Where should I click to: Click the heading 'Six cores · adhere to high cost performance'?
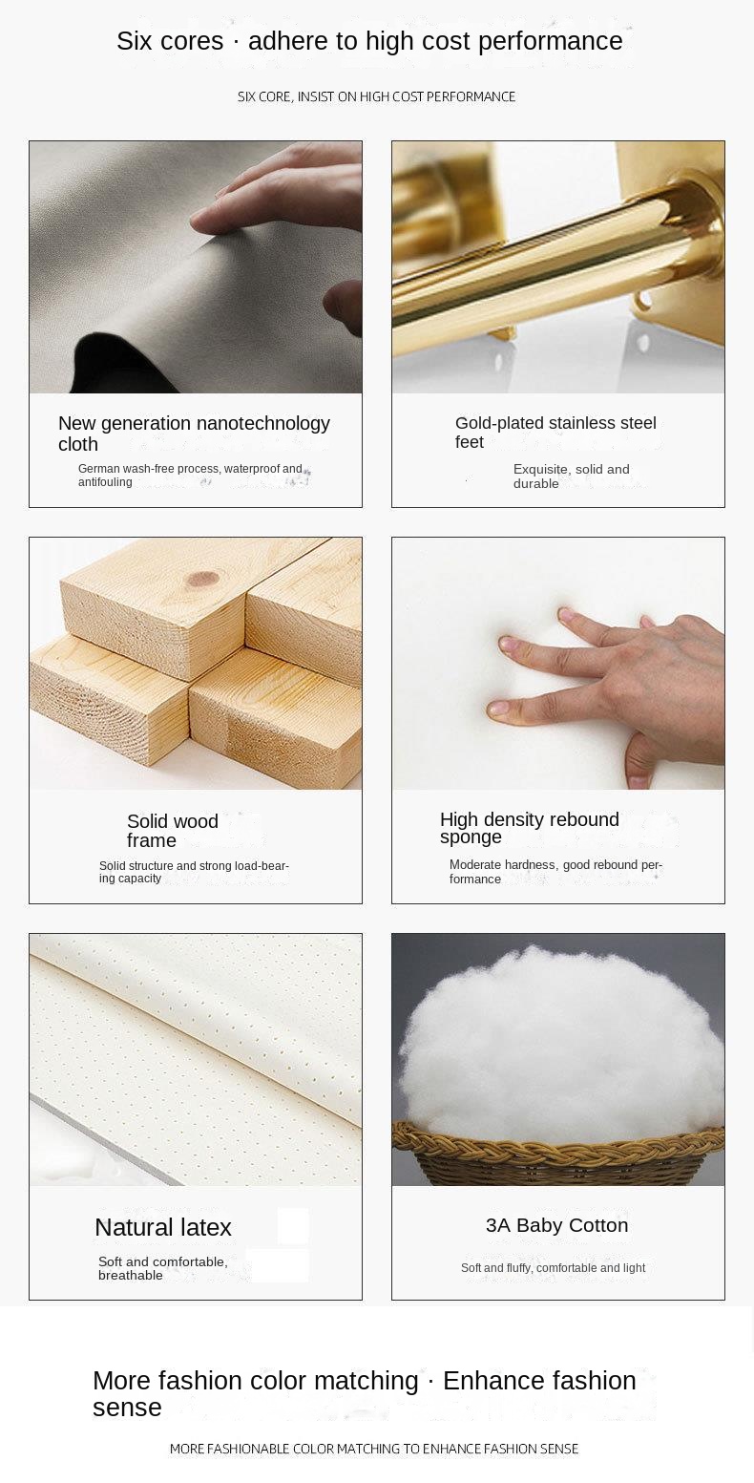[369, 41]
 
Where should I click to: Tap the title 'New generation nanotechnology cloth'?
[194, 433]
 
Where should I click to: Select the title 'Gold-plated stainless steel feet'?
[555, 433]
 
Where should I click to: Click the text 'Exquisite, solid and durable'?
[572, 476]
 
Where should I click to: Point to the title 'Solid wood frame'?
[173, 831]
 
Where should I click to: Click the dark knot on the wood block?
[202, 580]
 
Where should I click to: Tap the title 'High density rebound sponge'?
[530, 828]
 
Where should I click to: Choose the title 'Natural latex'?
[163, 1227]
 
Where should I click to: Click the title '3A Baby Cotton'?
[556, 1225]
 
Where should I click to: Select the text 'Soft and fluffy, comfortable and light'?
[553, 1267]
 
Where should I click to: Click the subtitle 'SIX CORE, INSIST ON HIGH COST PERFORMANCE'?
[376, 96]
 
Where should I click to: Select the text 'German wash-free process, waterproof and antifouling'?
[190, 476]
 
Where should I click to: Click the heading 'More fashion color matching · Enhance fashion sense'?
[364, 1393]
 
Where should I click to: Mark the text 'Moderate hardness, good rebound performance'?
[555, 871]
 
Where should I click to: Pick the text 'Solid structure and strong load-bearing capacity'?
[194, 871]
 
